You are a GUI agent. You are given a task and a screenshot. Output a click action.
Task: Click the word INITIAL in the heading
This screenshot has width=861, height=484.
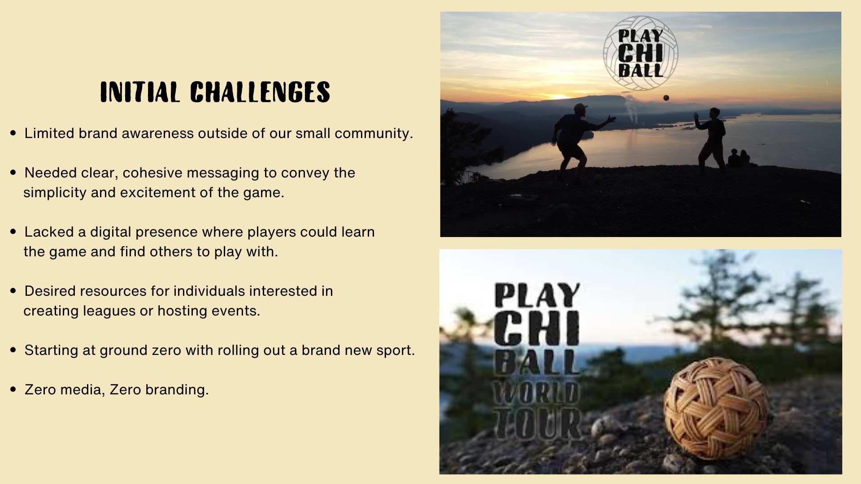point(140,92)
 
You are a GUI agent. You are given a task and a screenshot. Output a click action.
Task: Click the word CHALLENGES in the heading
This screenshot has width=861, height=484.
point(260,92)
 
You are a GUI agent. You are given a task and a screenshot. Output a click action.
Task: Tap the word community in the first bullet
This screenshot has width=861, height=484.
point(372,134)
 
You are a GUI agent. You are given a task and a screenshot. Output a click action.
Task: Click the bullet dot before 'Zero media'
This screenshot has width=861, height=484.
point(13,389)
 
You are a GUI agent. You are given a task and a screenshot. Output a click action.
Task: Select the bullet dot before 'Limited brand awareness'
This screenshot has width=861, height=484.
point(13,133)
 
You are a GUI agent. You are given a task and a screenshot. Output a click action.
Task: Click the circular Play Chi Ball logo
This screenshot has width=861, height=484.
point(640,53)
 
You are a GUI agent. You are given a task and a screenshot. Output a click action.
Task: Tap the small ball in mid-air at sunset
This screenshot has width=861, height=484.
point(666,98)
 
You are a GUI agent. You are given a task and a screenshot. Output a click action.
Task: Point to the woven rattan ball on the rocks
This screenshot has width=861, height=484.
point(716,408)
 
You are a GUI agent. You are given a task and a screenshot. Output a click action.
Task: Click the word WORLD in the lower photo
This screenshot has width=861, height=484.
point(536,393)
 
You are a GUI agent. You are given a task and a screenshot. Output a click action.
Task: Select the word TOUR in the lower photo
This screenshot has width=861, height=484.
point(537,423)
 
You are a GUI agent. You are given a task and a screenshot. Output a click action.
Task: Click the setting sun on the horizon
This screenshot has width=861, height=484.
point(560,96)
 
